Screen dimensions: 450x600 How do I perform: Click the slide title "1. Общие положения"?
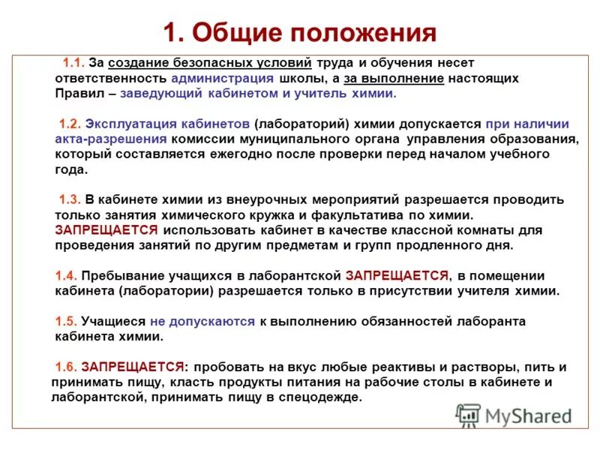click(299, 33)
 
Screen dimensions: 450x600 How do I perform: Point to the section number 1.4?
click(66, 276)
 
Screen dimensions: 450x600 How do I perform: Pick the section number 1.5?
click(66, 322)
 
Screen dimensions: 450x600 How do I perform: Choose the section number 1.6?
click(66, 367)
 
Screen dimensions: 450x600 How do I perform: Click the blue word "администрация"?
click(217, 78)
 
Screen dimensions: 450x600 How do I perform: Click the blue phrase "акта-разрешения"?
click(110, 139)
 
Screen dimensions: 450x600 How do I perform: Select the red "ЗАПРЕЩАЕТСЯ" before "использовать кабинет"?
click(106, 230)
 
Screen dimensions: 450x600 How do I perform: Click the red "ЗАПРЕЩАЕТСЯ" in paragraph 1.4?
click(397, 276)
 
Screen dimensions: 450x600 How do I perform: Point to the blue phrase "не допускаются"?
click(202, 322)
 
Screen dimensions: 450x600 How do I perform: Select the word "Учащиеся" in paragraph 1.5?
click(112, 322)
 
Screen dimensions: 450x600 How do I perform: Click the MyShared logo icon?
click(469, 414)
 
